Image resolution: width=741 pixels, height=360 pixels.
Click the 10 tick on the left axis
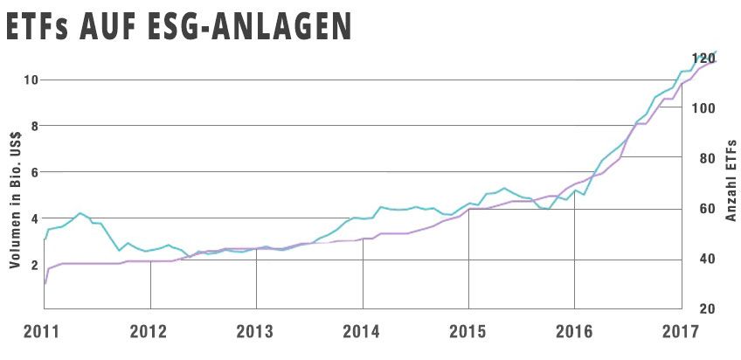(31, 80)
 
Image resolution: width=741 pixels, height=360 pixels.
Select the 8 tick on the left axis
(34, 126)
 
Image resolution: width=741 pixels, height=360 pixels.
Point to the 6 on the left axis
(34, 172)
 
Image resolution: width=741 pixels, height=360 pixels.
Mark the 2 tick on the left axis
(34, 264)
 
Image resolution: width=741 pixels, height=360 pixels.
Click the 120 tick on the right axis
(704, 59)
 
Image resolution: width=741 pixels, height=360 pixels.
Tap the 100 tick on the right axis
(704, 108)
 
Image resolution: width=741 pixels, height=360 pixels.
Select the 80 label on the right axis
(706, 159)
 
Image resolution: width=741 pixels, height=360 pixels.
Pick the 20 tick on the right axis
(706, 309)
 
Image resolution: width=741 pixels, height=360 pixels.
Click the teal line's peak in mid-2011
(80, 213)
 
